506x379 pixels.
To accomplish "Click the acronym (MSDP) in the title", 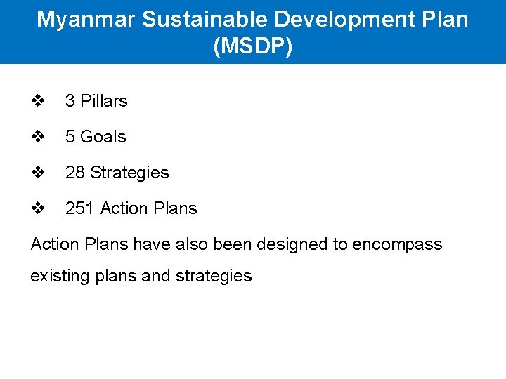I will coord(252,47).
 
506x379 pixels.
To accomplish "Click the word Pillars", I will coord(104,101).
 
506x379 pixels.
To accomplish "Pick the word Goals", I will coord(103,137).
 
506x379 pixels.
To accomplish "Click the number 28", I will coord(75,173).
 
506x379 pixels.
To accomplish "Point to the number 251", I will coord(80,208).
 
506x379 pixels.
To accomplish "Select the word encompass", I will coord(397,245).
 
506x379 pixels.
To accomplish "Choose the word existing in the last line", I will coord(58,276).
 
